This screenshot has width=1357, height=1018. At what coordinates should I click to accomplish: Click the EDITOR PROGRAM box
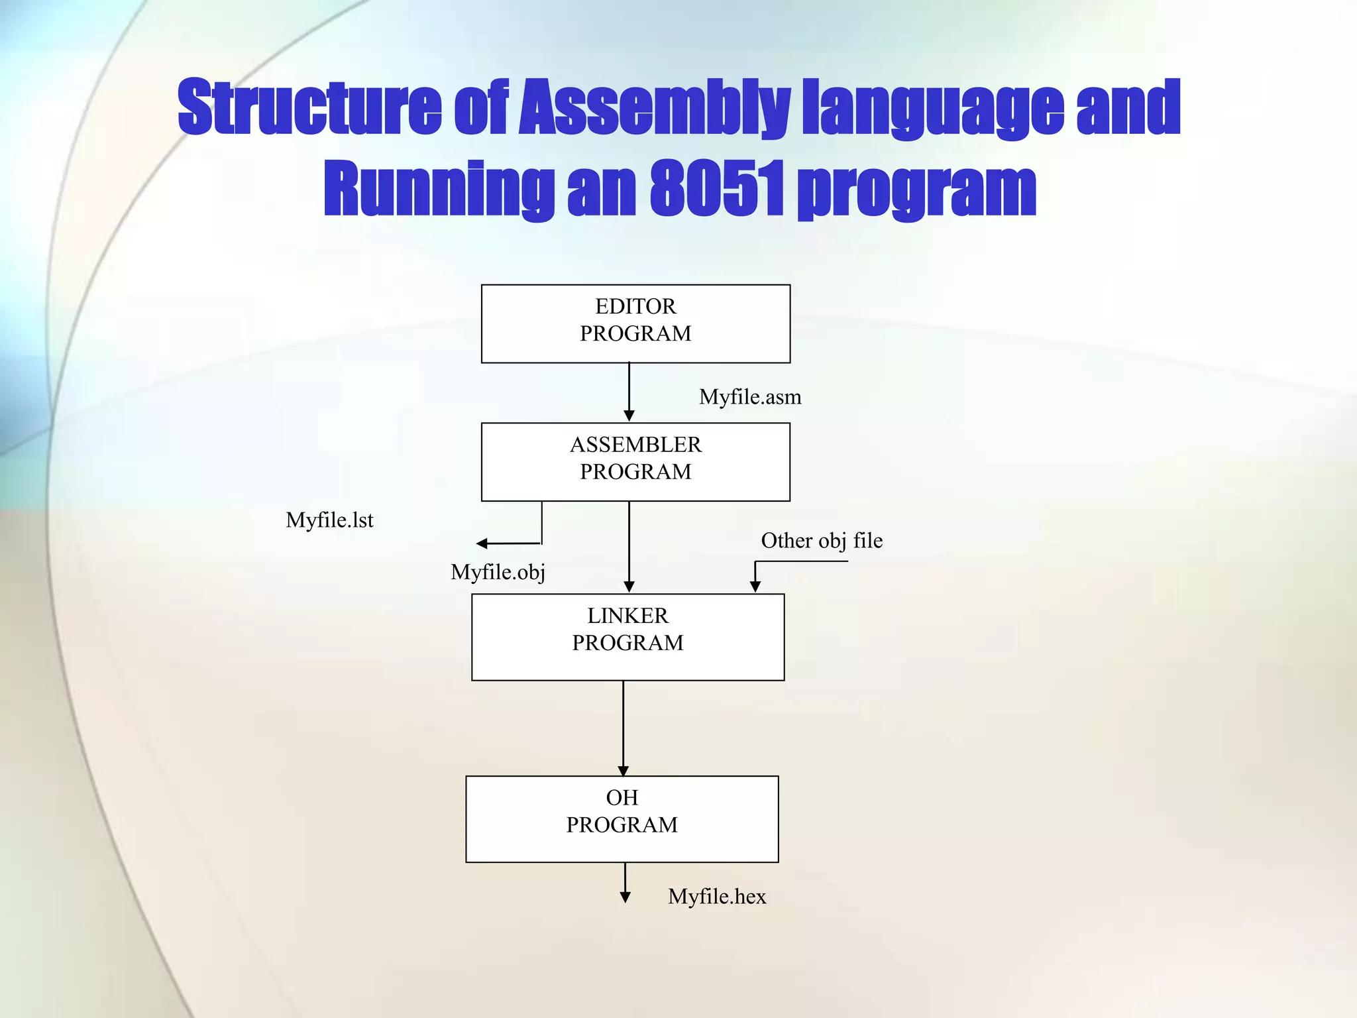(x=635, y=323)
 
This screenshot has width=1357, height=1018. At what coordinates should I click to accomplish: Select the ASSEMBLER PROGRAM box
(x=635, y=462)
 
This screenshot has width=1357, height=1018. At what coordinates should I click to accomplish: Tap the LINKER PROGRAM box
(x=627, y=637)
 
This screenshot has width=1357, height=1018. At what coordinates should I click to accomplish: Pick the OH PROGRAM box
(x=622, y=819)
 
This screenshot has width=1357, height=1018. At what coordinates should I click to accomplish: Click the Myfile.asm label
(x=750, y=397)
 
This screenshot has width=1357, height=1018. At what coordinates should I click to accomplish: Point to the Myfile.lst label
(x=329, y=520)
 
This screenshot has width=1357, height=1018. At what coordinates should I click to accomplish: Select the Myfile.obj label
(x=498, y=572)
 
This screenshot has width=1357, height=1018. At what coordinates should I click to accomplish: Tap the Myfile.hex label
(x=717, y=897)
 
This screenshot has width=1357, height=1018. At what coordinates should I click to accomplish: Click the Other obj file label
(x=822, y=541)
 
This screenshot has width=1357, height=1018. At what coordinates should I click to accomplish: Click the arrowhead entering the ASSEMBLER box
(x=629, y=416)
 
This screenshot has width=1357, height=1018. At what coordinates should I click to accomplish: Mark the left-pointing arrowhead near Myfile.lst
(x=482, y=544)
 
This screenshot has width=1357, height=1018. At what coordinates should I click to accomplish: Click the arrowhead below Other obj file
(x=755, y=587)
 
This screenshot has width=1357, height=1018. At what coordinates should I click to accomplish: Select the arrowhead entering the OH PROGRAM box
(x=623, y=771)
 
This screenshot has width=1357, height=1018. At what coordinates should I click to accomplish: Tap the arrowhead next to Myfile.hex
(x=625, y=897)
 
